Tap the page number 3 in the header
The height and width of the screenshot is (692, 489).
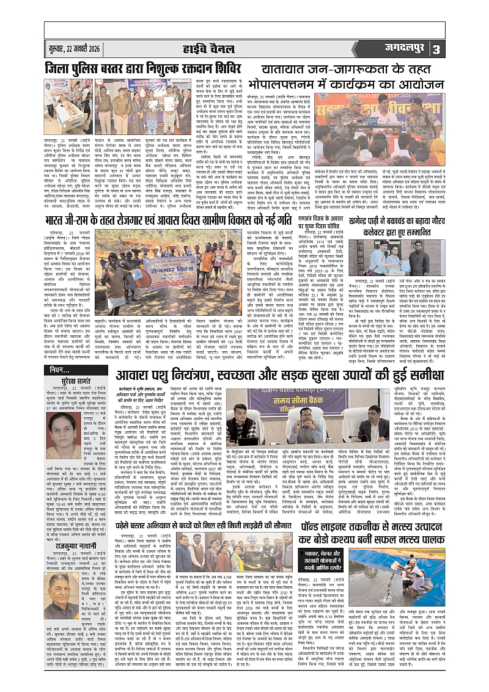471,49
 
